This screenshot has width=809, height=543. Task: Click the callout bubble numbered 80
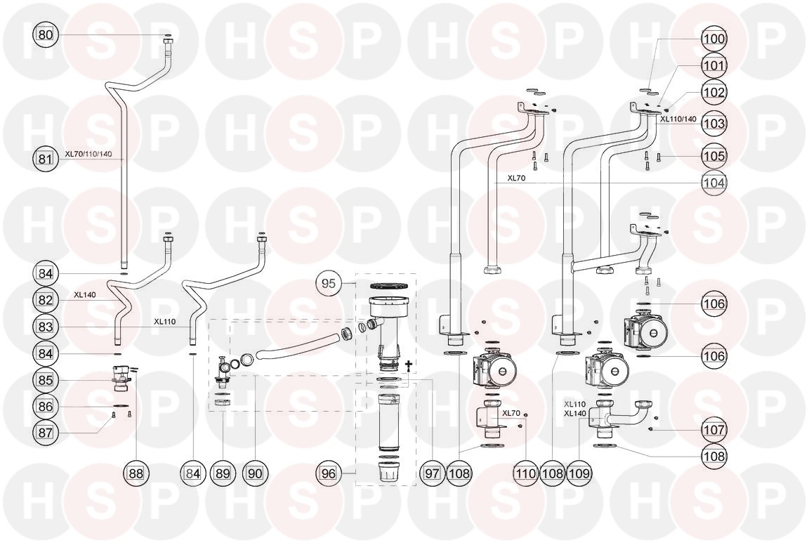click(x=45, y=34)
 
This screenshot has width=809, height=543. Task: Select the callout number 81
click(x=45, y=159)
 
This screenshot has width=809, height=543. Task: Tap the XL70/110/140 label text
click(x=88, y=154)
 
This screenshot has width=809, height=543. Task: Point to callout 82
click(x=45, y=300)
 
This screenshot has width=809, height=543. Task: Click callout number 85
click(x=45, y=380)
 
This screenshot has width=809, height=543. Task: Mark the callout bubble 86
click(x=45, y=406)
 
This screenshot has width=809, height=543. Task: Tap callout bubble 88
click(x=136, y=474)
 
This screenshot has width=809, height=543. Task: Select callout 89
click(x=223, y=474)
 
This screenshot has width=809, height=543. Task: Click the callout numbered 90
click(x=255, y=474)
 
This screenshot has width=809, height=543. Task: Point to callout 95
click(x=329, y=284)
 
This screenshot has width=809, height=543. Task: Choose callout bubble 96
click(x=329, y=474)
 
